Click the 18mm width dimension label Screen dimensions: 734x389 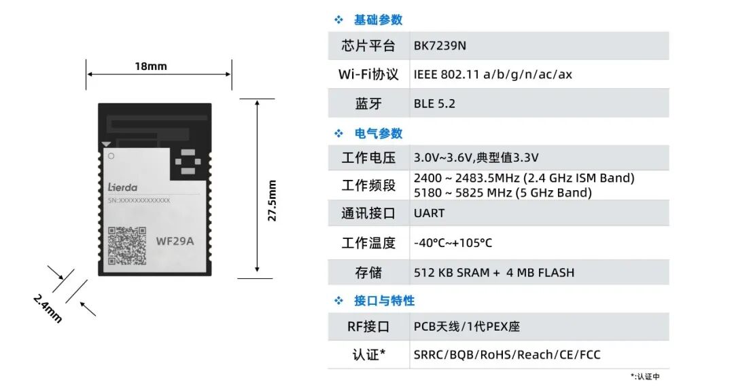tap(151, 67)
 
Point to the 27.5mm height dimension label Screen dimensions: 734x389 tap(272, 200)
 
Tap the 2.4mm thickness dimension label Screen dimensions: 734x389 tap(48, 308)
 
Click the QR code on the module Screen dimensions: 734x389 tap(127, 246)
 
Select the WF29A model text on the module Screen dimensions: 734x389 tap(175, 241)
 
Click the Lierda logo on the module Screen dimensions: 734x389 tap(122, 187)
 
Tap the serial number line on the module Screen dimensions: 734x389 tap(139, 200)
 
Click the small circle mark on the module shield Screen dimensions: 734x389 tap(111, 156)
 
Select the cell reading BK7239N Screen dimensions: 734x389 tap(440, 45)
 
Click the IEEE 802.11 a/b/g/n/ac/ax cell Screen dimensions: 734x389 tap(493, 75)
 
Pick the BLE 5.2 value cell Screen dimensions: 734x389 tap(434, 103)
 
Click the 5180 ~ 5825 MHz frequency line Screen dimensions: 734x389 tap(503, 193)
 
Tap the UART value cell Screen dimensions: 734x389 tap(430, 213)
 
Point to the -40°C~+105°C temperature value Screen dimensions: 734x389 tap(453, 243)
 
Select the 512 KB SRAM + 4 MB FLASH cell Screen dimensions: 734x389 tap(494, 273)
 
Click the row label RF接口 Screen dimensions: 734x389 tap(368, 327)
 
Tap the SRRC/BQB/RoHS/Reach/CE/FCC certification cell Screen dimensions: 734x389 tap(507, 355)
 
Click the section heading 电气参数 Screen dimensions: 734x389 tap(379, 134)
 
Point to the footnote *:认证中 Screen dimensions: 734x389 tap(645, 376)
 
